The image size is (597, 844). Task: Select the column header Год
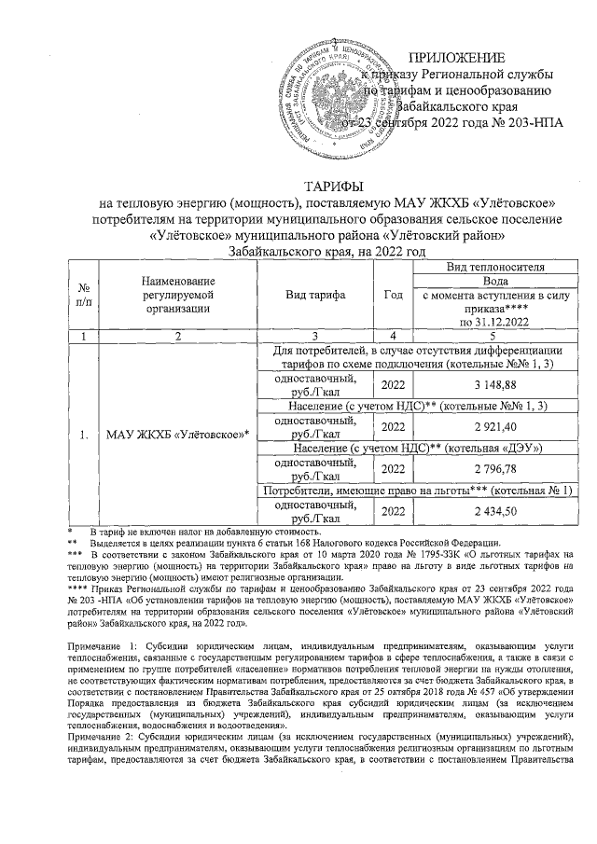pyautogui.click(x=394, y=295)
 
